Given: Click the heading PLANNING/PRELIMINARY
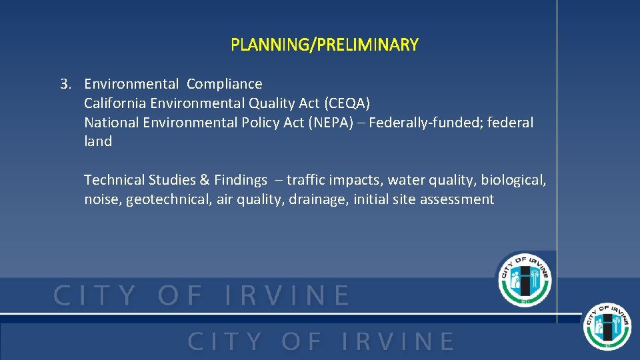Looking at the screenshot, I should pyautogui.click(x=325, y=45).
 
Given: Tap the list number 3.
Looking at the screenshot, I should pyautogui.click(x=65, y=84).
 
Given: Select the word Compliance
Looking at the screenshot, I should pyautogui.click(x=225, y=84).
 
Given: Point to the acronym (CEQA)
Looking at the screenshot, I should pyautogui.click(x=346, y=103).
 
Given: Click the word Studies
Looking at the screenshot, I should pyautogui.click(x=171, y=180).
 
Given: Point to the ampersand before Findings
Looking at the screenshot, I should pyautogui.click(x=205, y=180).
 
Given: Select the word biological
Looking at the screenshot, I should pyautogui.click(x=513, y=180).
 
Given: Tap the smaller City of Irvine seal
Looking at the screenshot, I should pyautogui.click(x=607, y=326).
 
